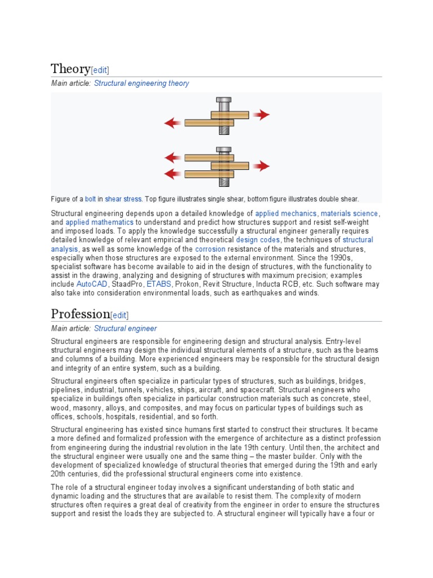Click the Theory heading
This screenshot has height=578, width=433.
pos(70,69)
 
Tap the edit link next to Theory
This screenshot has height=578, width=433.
pos(100,70)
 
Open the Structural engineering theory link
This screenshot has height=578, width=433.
pos(142,83)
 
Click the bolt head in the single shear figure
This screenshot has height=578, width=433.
pos(223,101)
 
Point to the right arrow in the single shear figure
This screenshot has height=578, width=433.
pos(260,115)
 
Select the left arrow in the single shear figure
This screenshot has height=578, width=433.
pos(173,122)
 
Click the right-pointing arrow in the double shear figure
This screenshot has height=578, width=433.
pos(260,166)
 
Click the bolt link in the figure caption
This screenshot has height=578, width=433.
pos(90,199)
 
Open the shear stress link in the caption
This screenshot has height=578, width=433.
pos(123,199)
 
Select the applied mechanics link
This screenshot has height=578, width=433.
pos(286,213)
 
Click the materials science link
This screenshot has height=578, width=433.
pos(350,213)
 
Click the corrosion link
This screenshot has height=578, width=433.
pos(210,249)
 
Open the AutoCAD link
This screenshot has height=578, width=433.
pos(91,284)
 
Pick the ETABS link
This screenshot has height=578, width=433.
pos(158,284)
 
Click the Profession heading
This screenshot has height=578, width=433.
pos(80,314)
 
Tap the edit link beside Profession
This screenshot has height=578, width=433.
pos(120,316)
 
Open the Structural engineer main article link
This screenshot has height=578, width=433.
pos(125,328)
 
